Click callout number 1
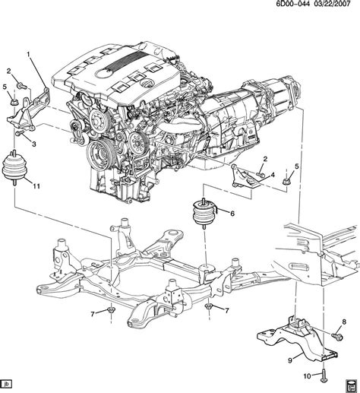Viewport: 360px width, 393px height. [x=30, y=55]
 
